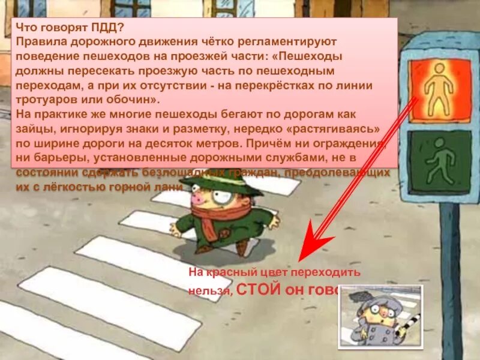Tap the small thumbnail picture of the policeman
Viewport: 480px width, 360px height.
(x=380, y=316)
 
